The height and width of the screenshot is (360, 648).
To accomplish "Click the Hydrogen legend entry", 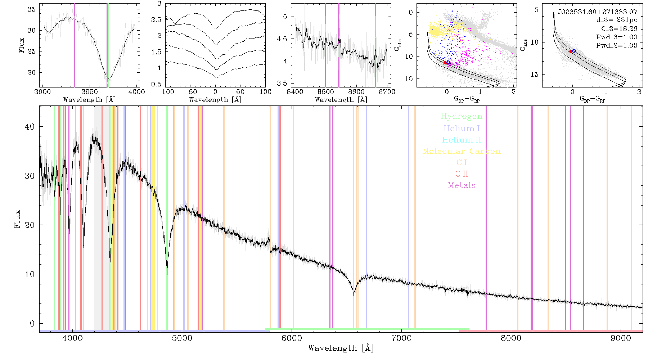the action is pyautogui.click(x=462, y=116).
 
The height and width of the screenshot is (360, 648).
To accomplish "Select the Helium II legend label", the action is pyautogui.click(x=462, y=140).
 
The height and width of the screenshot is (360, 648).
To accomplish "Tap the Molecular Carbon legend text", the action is pyautogui.click(x=462, y=151).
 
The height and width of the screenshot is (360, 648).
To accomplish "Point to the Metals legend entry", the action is pyautogui.click(x=462, y=185).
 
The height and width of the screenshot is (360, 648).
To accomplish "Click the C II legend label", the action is pyautogui.click(x=462, y=174).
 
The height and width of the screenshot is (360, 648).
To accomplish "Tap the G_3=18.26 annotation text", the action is pyautogui.click(x=619, y=29).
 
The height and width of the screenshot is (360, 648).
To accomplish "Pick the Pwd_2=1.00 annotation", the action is pyautogui.click(x=617, y=46).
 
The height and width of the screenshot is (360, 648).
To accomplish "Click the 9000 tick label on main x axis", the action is pyautogui.click(x=621, y=338).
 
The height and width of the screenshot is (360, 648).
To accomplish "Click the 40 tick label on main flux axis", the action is pyautogui.click(x=30, y=127).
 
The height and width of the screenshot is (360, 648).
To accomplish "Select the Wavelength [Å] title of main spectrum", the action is pyautogui.click(x=341, y=348).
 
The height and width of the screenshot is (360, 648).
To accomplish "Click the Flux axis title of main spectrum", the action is pyautogui.click(x=17, y=219).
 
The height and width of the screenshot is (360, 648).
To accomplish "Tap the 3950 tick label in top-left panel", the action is pyautogui.click(x=89, y=91).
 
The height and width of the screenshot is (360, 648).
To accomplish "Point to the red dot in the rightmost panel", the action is pyautogui.click(x=571, y=51).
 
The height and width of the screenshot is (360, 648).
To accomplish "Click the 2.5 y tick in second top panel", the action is pyautogui.click(x=156, y=20).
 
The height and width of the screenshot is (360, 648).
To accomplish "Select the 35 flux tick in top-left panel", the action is pyautogui.click(x=32, y=9).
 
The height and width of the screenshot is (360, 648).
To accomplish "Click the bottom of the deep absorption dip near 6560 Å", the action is pyautogui.click(x=354, y=295).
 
